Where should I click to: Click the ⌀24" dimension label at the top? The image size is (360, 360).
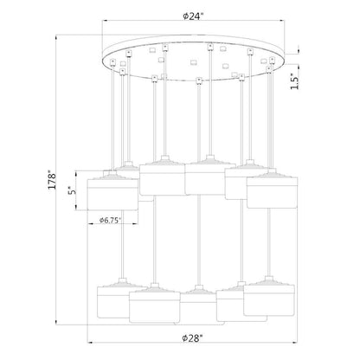pyautogui.click(x=193, y=16)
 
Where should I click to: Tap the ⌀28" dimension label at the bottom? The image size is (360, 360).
pyautogui.click(x=192, y=337)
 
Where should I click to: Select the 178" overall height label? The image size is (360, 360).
pyautogui.click(x=52, y=180)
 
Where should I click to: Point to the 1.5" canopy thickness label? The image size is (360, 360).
pyautogui.click(x=295, y=81)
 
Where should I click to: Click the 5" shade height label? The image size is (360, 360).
pyautogui.click(x=72, y=190)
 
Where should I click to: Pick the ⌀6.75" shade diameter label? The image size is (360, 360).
pyautogui.click(x=110, y=220)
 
